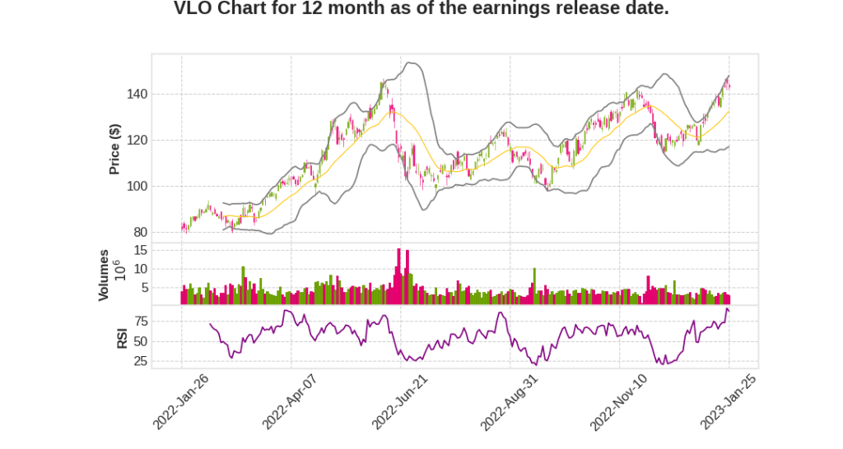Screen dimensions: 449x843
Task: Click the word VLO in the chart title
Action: click(x=193, y=9)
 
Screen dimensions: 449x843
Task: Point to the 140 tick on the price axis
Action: click(x=137, y=94)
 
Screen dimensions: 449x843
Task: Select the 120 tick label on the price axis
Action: click(x=137, y=140)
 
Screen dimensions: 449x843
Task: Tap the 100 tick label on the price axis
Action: click(x=137, y=186)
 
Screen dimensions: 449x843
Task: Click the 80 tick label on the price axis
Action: click(x=140, y=232)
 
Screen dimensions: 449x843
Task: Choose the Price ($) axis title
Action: click(x=115, y=149)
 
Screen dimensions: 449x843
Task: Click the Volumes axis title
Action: click(x=104, y=275)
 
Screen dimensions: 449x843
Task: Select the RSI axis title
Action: click(x=122, y=337)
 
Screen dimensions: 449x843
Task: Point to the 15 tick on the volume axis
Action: click(x=141, y=250)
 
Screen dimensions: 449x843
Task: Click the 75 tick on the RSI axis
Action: click(x=141, y=321)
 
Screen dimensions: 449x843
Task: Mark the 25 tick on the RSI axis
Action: click(x=141, y=361)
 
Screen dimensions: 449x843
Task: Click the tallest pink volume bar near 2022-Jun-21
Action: click(x=398, y=276)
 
